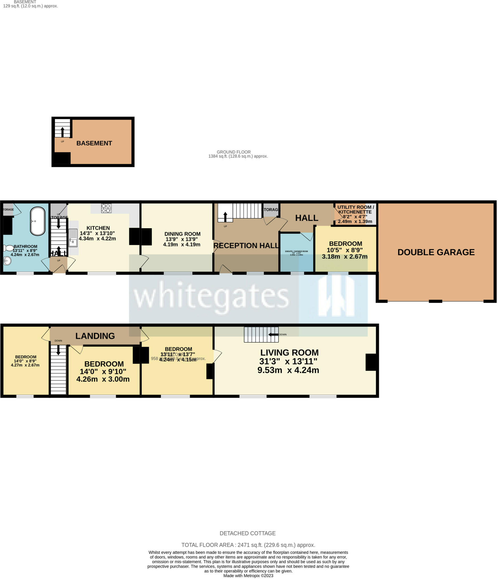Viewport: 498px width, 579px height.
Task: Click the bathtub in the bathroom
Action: coord(38,221)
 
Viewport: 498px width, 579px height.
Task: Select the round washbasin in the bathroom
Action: coord(7,261)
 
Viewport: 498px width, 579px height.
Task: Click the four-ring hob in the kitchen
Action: coord(106,208)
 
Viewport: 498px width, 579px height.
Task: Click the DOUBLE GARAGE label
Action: coord(436,252)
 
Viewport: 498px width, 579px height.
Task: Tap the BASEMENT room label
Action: coord(94,143)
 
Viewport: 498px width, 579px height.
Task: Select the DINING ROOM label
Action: coord(182,234)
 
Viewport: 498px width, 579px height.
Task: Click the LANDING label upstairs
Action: coord(95,336)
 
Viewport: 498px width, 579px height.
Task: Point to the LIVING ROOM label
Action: coord(289,353)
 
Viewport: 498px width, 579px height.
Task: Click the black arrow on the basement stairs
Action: coord(62,132)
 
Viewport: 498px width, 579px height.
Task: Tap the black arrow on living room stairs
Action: coord(273,334)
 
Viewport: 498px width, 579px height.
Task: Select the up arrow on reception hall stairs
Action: coord(225,217)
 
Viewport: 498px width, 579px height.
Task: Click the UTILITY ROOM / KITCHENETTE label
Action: coord(355,209)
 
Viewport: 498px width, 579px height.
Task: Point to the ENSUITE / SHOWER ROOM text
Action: coord(296,251)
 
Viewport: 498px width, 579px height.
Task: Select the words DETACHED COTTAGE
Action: coord(248,533)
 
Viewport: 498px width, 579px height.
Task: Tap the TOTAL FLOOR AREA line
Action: coord(248,545)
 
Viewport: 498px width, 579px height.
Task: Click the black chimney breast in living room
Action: coord(371,362)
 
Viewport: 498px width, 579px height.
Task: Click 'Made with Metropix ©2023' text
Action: coord(248,576)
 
